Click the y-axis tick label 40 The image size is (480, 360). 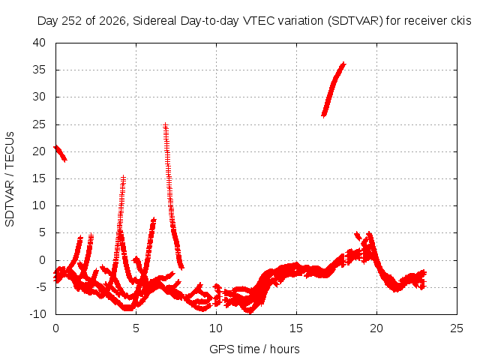tap(39, 43)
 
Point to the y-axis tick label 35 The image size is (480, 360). tap(39, 70)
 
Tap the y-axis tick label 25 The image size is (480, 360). tap(39, 124)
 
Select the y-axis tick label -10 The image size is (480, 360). tap(37, 313)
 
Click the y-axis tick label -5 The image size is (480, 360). tap(39, 287)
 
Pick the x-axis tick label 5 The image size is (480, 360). tap(136, 328)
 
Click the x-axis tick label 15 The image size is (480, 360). tap(296, 328)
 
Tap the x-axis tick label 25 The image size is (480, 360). tap(457, 328)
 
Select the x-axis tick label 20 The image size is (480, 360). tap(376, 328)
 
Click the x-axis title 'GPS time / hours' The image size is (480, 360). tap(254, 349)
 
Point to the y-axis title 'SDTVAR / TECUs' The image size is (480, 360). tap(10, 179)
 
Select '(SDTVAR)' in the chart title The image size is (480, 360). tap(355, 21)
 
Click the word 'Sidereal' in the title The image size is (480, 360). tap(154, 21)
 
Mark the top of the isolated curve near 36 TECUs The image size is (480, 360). tap(343, 64)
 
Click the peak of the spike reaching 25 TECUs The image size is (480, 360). tap(165, 124)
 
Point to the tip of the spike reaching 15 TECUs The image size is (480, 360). tap(123, 177)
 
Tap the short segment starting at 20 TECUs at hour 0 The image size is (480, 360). tap(60, 153)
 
